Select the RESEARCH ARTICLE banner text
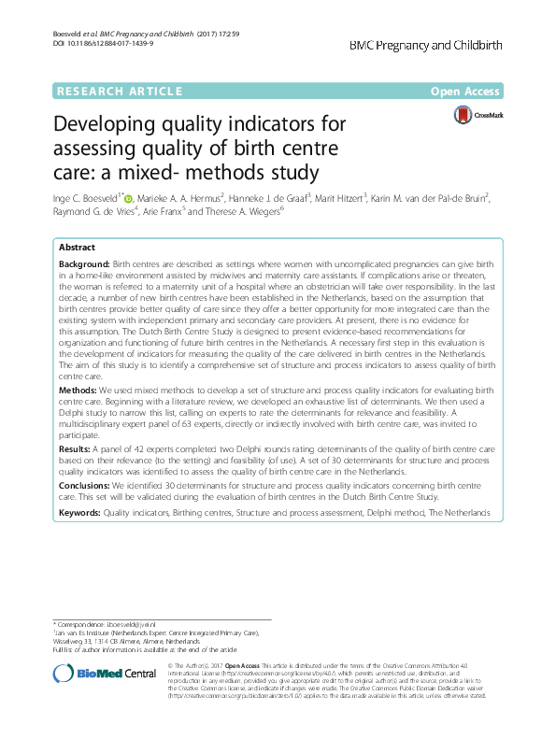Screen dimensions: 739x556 [119, 91]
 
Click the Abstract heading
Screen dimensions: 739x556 [77, 248]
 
